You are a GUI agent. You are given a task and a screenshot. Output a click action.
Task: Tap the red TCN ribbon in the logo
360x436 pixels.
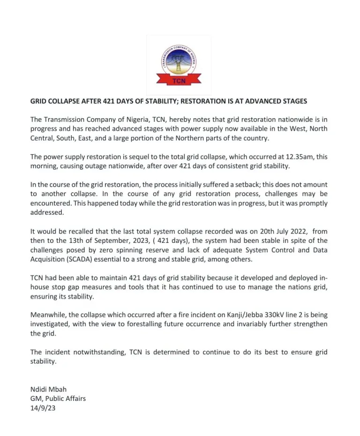[179, 81]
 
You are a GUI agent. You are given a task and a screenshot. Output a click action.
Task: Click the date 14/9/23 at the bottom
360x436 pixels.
[43, 408]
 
